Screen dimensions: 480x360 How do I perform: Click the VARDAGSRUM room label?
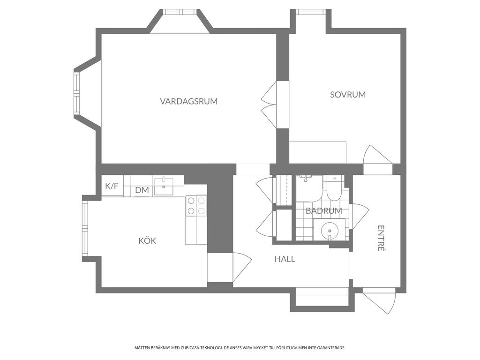(188, 101)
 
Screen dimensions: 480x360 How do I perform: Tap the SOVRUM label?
(348, 95)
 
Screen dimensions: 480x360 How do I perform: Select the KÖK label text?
(147, 240)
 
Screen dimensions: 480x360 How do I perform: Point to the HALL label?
(285, 259)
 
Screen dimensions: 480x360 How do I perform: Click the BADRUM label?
(324, 211)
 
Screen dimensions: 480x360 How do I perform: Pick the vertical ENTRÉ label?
(381, 238)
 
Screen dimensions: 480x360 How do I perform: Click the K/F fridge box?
(112, 186)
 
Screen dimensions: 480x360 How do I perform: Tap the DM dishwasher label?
(142, 190)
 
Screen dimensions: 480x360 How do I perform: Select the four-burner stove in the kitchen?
(196, 206)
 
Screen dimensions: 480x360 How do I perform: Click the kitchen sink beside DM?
(164, 186)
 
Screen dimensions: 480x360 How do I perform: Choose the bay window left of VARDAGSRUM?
(76, 94)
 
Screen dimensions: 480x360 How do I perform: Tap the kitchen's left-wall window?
(85, 229)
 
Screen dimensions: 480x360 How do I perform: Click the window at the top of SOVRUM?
(311, 12)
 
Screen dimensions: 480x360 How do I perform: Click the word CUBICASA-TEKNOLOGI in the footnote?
(203, 348)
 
